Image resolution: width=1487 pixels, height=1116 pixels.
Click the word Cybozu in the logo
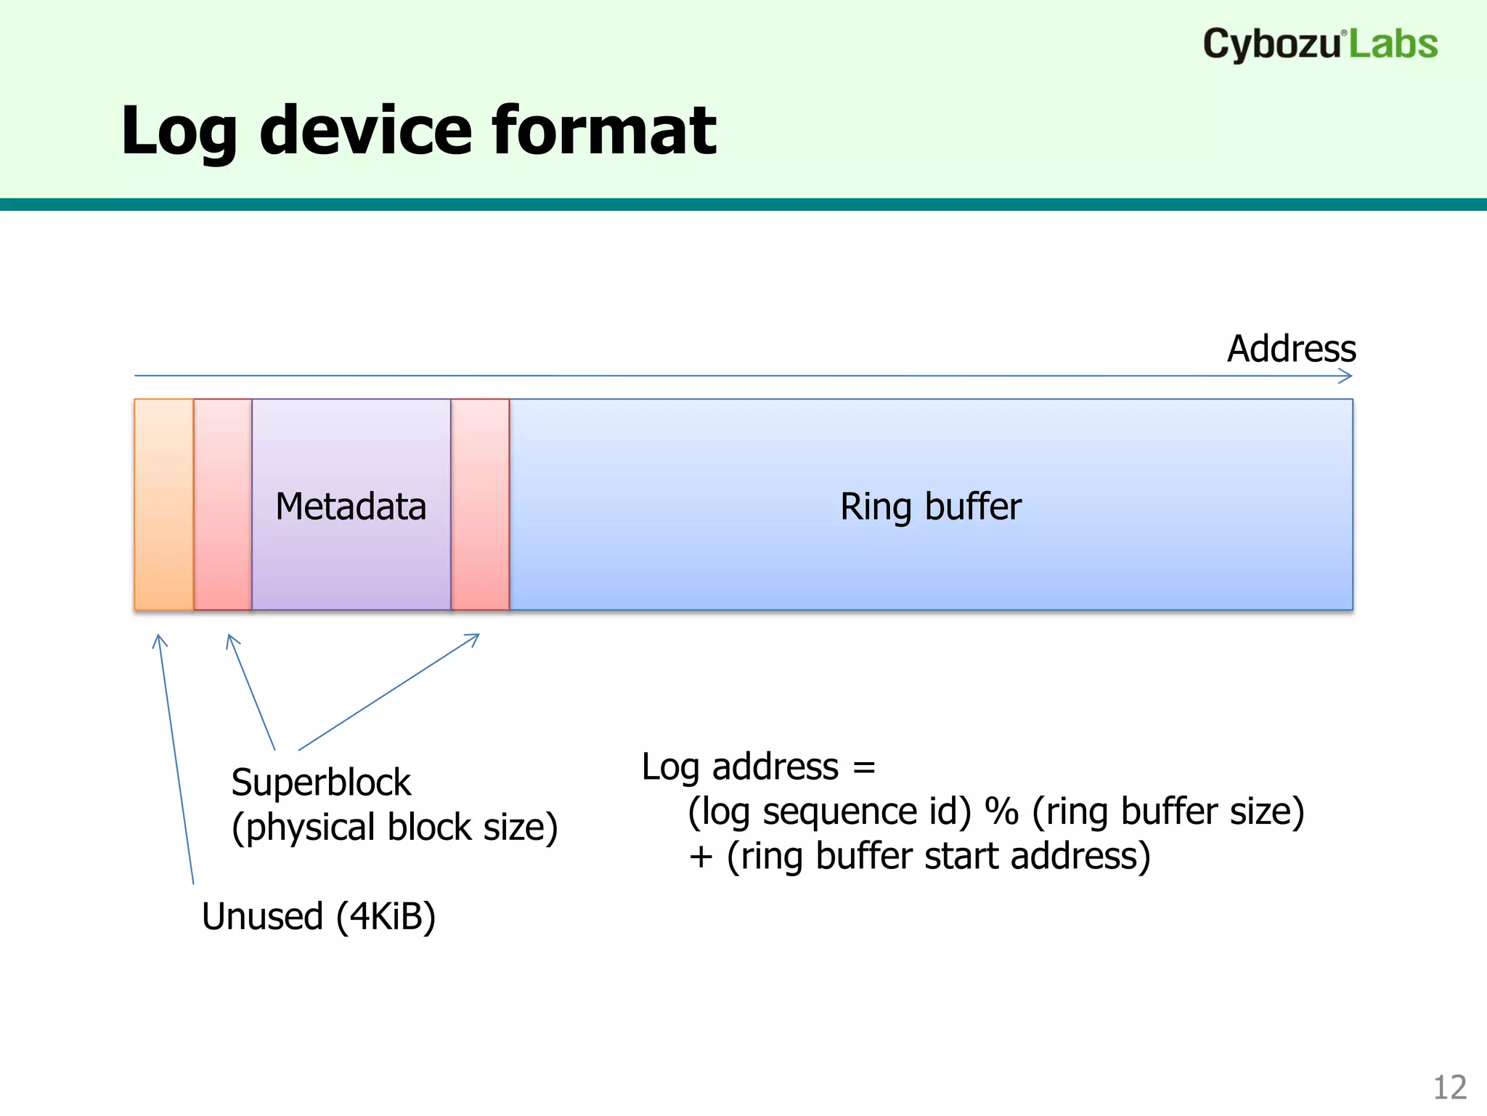(1271, 44)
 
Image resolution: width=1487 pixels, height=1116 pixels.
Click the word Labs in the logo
(1393, 44)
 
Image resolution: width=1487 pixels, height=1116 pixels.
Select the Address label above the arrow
(1291, 349)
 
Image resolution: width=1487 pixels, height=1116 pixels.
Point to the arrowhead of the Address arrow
(1348, 376)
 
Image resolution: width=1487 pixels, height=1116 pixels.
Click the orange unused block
(164, 504)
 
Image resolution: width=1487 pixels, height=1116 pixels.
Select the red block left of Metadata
(223, 504)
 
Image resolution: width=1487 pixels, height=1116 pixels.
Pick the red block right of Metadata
(480, 504)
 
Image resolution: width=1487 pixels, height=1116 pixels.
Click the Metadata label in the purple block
(351, 506)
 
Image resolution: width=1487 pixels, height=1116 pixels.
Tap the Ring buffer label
(930, 506)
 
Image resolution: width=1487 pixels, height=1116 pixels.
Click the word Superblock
(321, 783)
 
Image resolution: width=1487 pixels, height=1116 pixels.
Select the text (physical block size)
(394, 828)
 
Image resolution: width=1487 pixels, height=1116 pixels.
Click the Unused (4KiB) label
(319, 916)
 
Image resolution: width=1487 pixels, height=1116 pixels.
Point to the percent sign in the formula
(1002, 812)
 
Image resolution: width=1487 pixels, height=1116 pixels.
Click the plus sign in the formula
(701, 857)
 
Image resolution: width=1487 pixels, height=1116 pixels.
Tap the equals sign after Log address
(864, 767)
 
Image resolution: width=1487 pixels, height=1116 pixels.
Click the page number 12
(1449, 1088)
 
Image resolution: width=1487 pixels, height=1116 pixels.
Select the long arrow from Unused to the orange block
(176, 759)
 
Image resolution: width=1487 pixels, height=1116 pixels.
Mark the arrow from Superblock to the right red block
(389, 692)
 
